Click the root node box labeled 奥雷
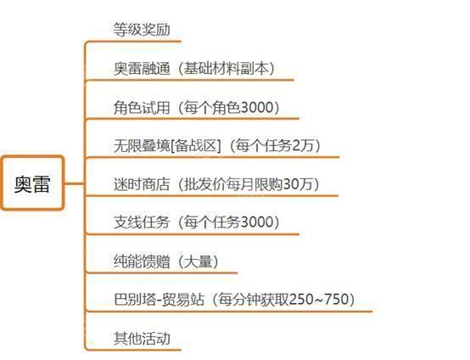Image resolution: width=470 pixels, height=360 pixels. click(32, 183)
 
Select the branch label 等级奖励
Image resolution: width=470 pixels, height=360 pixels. click(142, 30)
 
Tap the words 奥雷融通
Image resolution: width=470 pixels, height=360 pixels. click(142, 68)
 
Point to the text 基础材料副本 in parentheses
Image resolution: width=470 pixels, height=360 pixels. click(227, 68)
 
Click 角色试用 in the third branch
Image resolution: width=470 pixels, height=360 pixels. click(142, 107)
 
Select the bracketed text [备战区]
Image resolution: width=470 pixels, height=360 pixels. click(196, 145)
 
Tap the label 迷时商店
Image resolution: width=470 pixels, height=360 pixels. click(142, 184)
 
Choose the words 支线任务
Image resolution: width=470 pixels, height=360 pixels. click(142, 222)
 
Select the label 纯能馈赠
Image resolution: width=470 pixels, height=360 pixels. click(142, 261)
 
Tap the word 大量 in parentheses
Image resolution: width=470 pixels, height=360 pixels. click(199, 261)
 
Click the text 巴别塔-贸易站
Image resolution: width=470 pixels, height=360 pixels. click(159, 300)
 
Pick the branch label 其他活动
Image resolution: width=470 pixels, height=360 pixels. click(142, 338)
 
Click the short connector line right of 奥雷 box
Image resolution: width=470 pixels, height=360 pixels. click(75, 183)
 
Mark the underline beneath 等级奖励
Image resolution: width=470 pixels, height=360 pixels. click(133, 42)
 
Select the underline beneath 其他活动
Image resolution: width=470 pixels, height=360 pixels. click(133, 350)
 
